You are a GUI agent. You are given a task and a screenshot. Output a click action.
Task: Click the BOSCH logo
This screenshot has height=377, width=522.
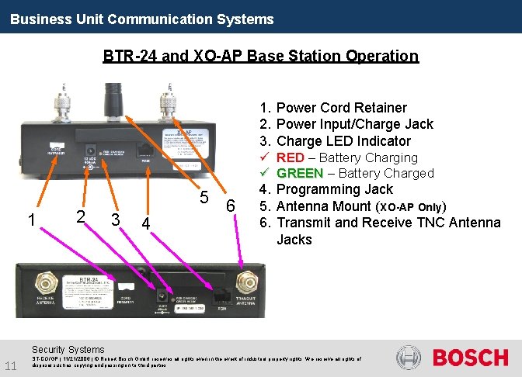coord(470,358)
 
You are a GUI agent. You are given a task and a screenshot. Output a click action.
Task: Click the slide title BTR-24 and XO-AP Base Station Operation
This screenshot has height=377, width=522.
coord(260,56)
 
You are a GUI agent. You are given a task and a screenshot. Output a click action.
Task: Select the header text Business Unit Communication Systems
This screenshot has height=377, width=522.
coord(142,19)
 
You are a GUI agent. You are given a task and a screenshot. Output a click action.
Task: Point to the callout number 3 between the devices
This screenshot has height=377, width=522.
coord(115,220)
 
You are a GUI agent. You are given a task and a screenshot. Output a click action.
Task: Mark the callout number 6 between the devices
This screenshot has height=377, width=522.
coord(230,206)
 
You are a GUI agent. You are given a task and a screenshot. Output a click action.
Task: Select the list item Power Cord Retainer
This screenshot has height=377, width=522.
coord(342,108)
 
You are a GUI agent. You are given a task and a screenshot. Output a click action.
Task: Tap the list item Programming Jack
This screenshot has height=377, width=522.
coord(335,189)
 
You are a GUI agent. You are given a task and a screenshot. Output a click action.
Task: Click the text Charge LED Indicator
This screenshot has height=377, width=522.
coord(343,141)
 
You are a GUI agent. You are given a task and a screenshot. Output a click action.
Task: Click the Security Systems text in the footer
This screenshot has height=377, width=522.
coord(69,350)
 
